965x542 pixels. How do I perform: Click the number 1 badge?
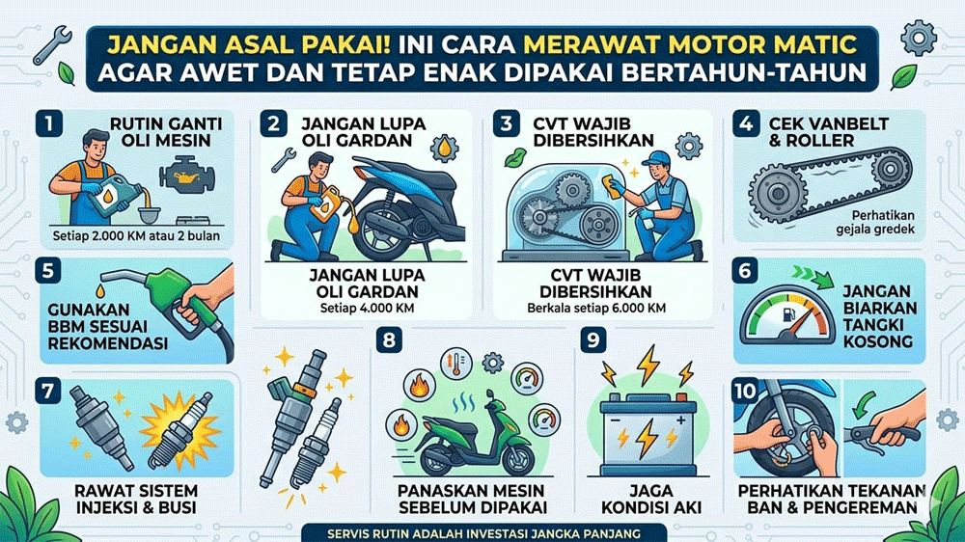point(48,123)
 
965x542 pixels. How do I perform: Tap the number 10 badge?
point(745,391)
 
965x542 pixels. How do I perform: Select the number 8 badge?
point(389,339)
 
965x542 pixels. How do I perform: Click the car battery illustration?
point(648,434)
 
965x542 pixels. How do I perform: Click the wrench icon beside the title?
point(51,45)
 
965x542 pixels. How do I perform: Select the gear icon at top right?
point(919,39)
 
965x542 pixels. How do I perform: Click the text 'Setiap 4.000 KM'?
point(367,309)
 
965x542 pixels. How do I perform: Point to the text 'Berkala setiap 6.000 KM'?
point(595,308)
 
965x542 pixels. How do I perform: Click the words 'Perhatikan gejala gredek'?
point(874,223)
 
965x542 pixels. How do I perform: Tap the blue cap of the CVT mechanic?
point(655,158)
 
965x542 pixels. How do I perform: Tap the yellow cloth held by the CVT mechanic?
point(613,186)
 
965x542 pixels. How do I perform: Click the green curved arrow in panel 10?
point(866,406)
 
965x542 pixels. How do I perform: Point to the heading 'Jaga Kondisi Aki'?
point(650,500)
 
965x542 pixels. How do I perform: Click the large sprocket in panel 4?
point(778,193)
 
